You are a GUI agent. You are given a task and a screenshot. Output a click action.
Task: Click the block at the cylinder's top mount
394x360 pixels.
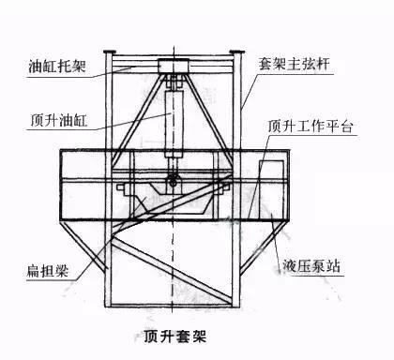tap(173, 67)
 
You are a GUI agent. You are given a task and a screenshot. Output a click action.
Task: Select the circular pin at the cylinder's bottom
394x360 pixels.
tap(173, 179)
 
